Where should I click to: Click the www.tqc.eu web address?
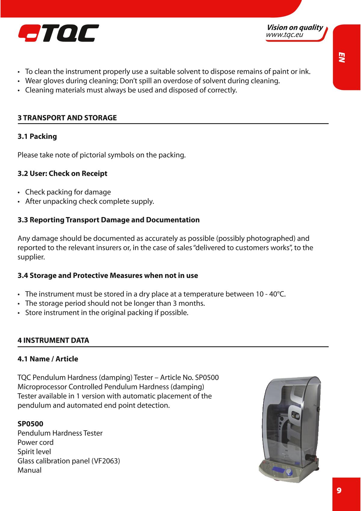284,35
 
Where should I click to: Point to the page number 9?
339,491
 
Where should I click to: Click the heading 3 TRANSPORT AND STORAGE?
67,118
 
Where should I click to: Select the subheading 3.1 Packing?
37,136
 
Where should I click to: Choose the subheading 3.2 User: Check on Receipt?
62,173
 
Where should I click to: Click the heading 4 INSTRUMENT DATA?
53,341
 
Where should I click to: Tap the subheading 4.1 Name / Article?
48,359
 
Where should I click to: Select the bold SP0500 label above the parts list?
30,424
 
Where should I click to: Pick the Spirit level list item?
34,452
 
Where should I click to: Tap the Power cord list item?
35,442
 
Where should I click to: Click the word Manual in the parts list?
29,470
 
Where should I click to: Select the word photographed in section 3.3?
270,239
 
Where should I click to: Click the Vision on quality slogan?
295,28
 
